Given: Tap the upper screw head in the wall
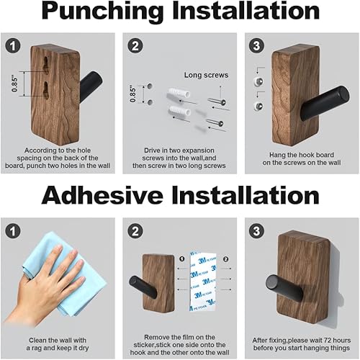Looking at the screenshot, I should pos(256,84).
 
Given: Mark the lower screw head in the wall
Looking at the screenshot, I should pos(256,106).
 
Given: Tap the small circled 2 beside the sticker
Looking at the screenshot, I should pos(224,258).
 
